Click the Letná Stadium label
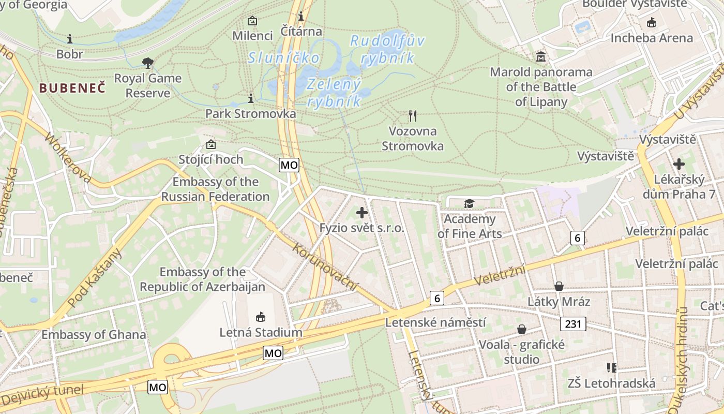[x=261, y=332]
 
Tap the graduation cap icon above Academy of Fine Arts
[x=469, y=203]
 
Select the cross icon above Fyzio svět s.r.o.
[x=362, y=212]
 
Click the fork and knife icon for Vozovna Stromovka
[x=412, y=115]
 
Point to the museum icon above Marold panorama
[x=541, y=56]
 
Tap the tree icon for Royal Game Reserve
[x=148, y=63]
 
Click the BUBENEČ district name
[x=72, y=87]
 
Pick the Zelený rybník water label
[x=334, y=92]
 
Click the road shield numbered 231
[x=573, y=324]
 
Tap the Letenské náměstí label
[x=435, y=322]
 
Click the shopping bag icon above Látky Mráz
[x=559, y=286]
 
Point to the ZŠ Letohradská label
[x=611, y=383]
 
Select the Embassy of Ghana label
[x=94, y=334]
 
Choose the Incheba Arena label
[x=651, y=38]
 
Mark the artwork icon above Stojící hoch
[x=210, y=144]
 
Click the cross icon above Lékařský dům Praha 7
[x=678, y=164]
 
